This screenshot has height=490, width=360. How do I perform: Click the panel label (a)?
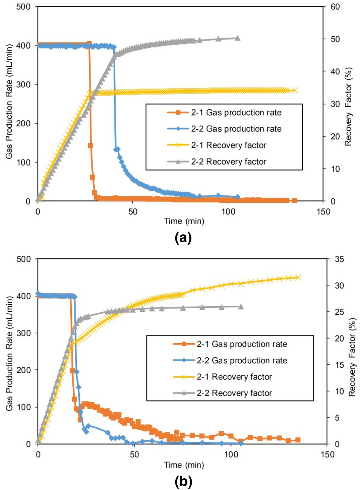coord(183,238)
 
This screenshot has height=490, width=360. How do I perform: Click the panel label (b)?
coord(183,482)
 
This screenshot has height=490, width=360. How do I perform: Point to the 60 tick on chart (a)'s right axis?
coord(335,7)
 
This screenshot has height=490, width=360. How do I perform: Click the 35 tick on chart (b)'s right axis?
coord(339,259)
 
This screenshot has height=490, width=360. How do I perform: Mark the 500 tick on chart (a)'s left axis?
coord(23,7)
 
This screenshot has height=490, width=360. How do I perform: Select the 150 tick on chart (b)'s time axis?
coord(327,454)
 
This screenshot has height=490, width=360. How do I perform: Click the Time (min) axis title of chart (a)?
coord(184,221)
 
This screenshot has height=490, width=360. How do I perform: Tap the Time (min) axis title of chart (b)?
coord(184,465)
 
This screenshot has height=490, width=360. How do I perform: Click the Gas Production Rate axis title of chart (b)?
coord(9,354)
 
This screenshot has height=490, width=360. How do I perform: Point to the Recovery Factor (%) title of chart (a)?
coord(349,107)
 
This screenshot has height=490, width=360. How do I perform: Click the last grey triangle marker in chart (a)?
coord(237,38)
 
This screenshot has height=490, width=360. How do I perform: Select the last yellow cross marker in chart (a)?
coord(295,90)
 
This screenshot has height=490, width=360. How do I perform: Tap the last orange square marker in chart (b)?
coord(298,440)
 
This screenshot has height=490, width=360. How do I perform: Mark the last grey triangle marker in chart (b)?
coord(241,306)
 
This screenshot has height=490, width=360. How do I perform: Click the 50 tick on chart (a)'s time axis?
coord(133,212)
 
